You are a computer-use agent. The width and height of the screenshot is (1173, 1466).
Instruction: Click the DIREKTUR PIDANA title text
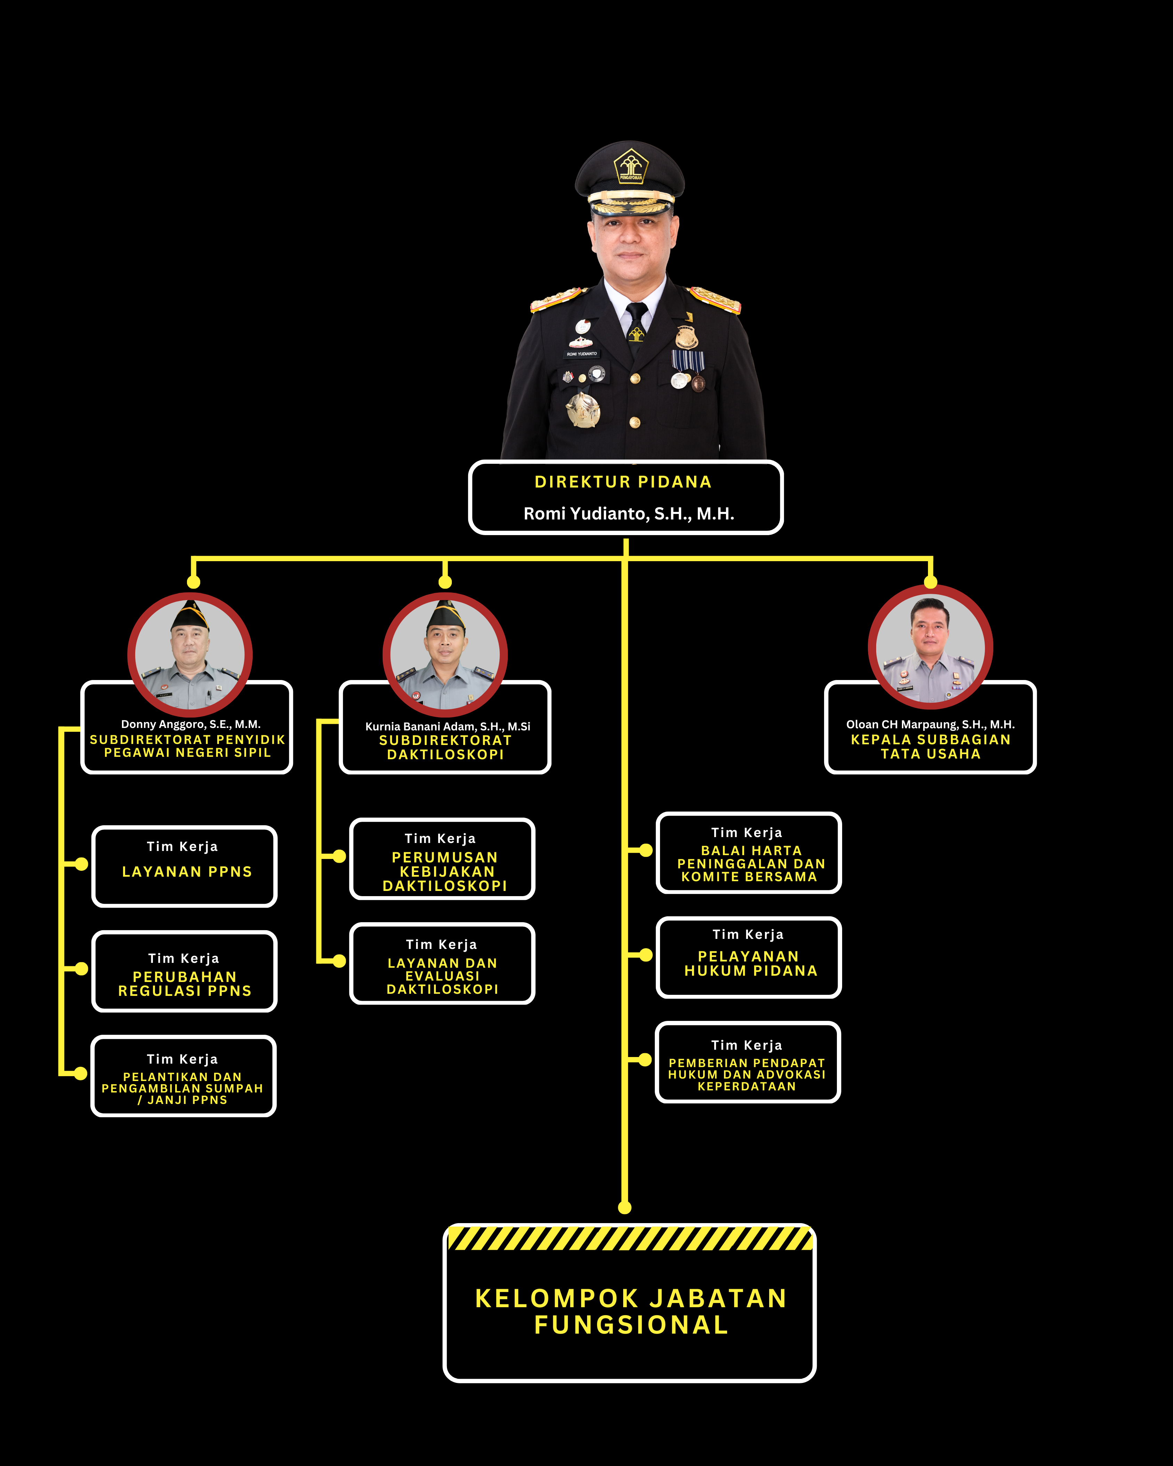623,482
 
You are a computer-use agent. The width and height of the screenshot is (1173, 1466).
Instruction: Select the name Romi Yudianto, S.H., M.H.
628,513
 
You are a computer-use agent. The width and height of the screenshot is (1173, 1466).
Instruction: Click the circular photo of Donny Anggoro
190,654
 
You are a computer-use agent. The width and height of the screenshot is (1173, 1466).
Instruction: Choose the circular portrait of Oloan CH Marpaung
930,647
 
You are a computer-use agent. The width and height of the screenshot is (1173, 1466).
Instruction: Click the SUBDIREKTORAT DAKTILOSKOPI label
446,747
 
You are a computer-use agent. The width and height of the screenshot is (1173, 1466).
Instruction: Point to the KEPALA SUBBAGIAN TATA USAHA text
930,747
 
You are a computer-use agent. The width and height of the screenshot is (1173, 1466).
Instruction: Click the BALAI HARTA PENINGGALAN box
749,853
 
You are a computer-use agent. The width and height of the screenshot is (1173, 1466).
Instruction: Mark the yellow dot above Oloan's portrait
931,582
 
